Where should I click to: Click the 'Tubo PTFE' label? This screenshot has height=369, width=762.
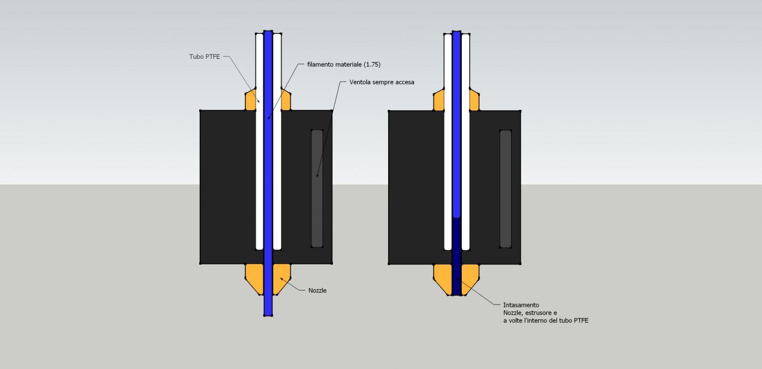205,56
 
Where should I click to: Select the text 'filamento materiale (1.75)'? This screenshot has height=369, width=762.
343,64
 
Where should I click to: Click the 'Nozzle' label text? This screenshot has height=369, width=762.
317,291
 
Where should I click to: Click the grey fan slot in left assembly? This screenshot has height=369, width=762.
317,188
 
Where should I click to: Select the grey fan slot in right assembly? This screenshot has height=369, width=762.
505,188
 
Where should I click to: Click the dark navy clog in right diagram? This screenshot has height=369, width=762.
456,256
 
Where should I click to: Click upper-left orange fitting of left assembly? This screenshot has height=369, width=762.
250,100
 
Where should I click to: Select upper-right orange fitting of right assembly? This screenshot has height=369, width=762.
474,100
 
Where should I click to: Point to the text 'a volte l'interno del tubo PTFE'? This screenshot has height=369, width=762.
546,320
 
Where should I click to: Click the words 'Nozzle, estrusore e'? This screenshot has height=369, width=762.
530,313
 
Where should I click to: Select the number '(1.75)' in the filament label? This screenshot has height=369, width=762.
372,64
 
